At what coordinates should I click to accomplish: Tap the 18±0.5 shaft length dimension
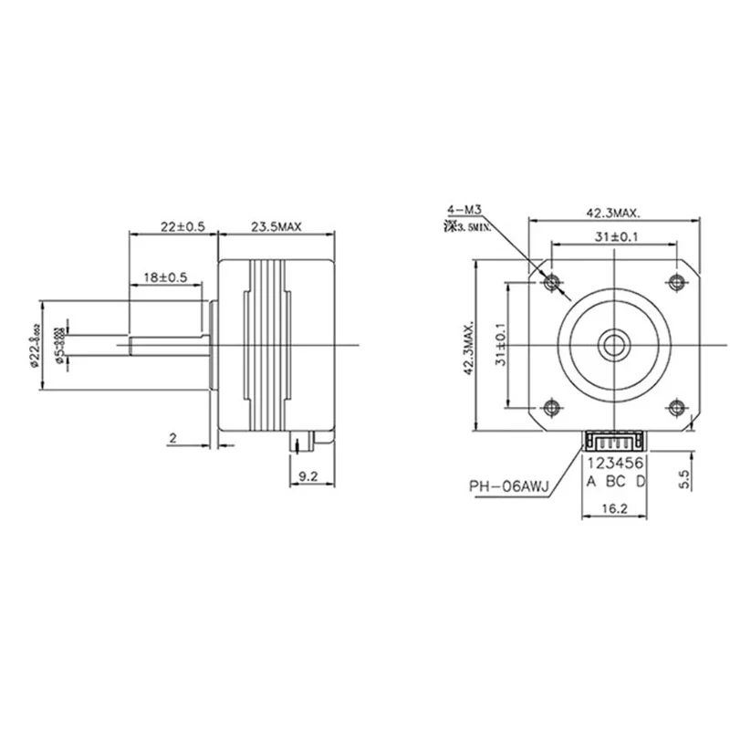(165, 276)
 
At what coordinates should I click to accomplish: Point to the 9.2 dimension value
(308, 474)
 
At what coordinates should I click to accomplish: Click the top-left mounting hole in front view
(551, 282)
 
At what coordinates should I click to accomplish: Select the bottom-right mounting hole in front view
(676, 406)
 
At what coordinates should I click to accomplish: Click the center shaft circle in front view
(613, 344)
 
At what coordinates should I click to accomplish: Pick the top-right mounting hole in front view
(676, 282)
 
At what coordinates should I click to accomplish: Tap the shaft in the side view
(169, 344)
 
